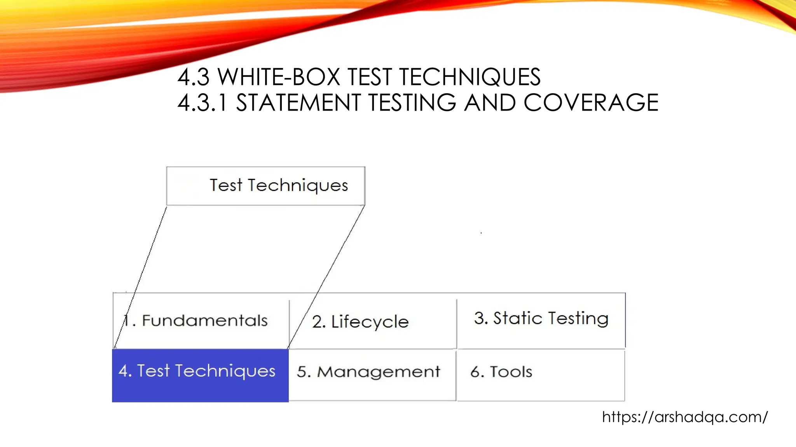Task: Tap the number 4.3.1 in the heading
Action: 202,103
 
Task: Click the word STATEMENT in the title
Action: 298,103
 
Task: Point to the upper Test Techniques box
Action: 266,186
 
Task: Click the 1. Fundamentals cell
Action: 201,321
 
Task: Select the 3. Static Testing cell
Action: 541,319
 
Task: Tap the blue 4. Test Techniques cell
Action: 200,375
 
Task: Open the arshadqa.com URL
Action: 685,417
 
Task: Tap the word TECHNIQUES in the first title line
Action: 470,77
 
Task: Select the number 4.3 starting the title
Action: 194,77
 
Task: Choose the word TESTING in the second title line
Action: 412,103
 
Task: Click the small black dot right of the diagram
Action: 481,233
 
